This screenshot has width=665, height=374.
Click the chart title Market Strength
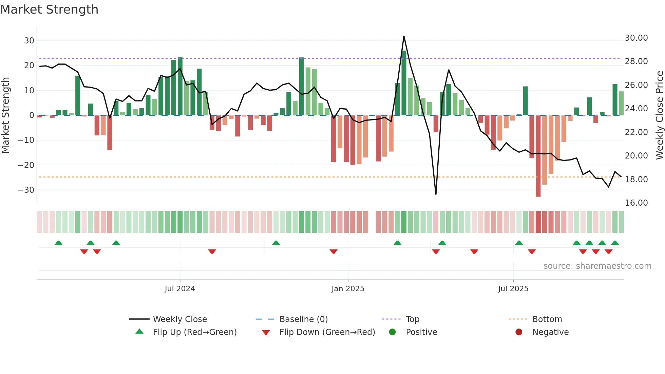click(49, 10)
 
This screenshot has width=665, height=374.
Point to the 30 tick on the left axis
click(29, 41)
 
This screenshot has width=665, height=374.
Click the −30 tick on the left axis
click(26, 190)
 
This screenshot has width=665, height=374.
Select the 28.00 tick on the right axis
click(636, 61)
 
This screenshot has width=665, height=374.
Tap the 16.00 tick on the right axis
click(636, 203)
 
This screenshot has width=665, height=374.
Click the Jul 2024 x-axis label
click(180, 289)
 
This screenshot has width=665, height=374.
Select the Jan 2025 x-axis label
click(348, 289)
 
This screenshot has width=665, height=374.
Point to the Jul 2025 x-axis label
click(513, 289)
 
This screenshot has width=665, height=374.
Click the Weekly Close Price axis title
click(659, 115)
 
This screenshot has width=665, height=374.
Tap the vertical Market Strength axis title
click(6, 115)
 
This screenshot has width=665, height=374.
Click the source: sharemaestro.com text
click(597, 266)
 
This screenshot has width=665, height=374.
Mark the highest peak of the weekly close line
click(404, 36)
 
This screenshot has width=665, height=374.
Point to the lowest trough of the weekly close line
click(436, 194)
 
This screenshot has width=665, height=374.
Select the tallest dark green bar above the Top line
click(404, 83)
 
